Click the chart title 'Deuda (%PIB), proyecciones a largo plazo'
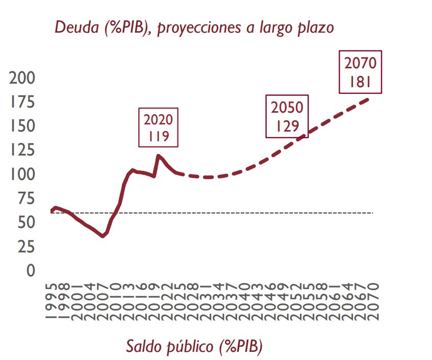[x=194, y=27]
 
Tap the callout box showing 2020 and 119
[x=158, y=127]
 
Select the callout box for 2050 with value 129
[x=287, y=116]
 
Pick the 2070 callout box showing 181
[x=360, y=72]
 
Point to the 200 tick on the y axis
[x=22, y=78]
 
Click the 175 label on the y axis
[x=22, y=102]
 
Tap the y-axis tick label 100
[x=22, y=174]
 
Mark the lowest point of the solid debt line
[x=103, y=236]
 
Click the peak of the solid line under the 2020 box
[x=159, y=156]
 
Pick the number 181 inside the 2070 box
[x=360, y=82]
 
